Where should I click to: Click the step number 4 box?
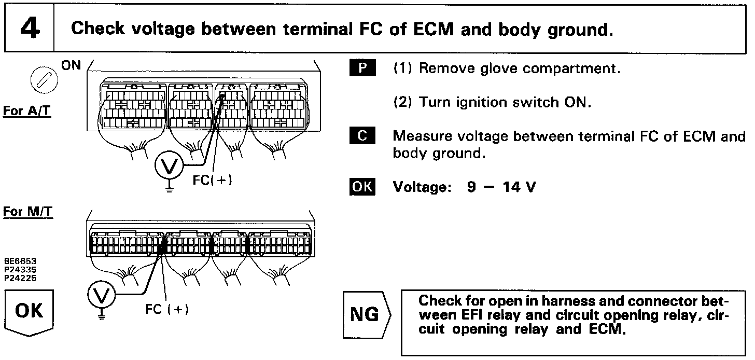pos(29,29)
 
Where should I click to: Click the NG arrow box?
pos(366,315)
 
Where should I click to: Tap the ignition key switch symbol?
pos(40,80)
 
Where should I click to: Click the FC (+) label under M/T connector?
pos(167,309)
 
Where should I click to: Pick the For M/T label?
pos(28,212)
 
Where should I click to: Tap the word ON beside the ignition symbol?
pos(71,66)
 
